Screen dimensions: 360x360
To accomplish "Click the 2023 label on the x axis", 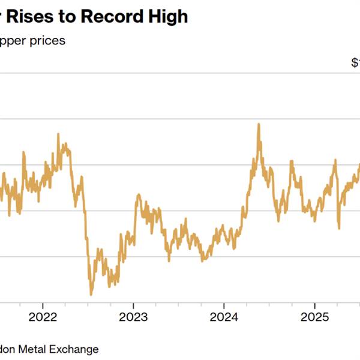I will pyautogui.click(x=134, y=316).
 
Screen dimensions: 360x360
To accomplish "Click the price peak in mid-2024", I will pyautogui.click(x=259, y=124).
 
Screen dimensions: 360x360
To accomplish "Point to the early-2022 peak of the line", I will pyautogui.click(x=58, y=134).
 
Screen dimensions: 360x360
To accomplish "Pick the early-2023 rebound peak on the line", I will pyautogui.click(x=139, y=194).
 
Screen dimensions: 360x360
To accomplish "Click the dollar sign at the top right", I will pyautogui.click(x=354, y=62).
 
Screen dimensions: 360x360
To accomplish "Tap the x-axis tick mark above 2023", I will pyautogui.click(x=134, y=305).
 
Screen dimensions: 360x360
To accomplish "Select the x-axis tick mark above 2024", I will pyautogui.click(x=223, y=305).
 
